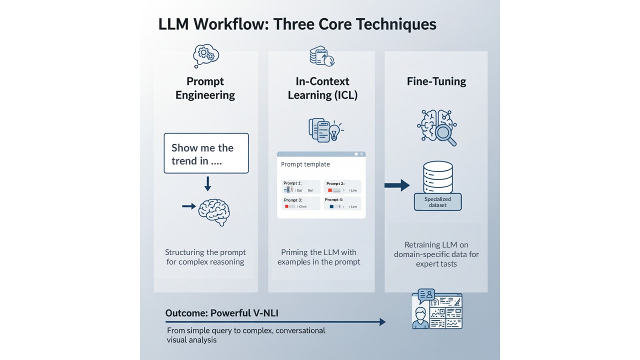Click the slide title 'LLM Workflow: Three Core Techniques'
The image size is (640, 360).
[x=297, y=24]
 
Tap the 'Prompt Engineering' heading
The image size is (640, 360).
[x=205, y=88]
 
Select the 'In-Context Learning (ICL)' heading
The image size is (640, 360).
[x=322, y=88]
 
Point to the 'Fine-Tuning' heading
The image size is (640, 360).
[x=436, y=81]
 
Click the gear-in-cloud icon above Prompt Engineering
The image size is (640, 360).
[x=205, y=55]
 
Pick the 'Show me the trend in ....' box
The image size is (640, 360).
[x=206, y=153]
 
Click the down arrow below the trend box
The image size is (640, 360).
[x=207, y=184]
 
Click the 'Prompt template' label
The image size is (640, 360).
[x=305, y=164]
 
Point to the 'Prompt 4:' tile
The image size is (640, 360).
[x=342, y=203]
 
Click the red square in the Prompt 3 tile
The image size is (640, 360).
[x=286, y=206]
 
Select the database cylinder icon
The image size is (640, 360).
[x=437, y=177]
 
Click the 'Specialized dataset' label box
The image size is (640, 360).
[x=437, y=202]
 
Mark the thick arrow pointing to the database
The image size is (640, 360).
[x=397, y=185]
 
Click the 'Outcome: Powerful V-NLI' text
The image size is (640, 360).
[x=222, y=313]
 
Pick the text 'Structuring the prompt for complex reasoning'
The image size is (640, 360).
[x=205, y=257]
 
